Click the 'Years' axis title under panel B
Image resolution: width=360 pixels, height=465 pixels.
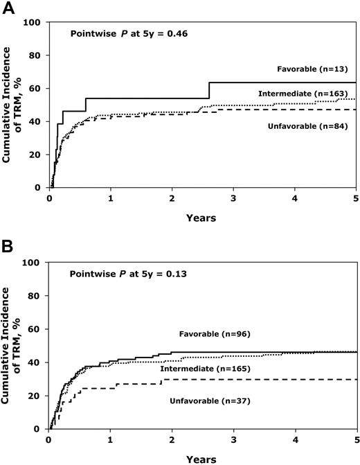201,457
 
